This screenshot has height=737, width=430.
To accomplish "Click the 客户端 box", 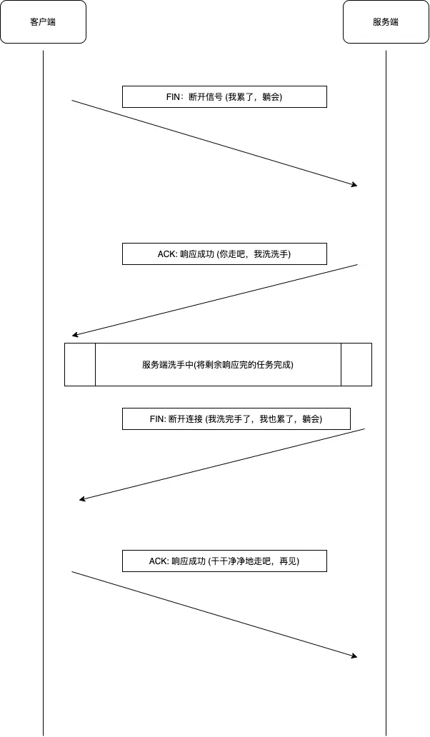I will [43, 22].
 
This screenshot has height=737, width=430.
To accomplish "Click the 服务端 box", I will [386, 22].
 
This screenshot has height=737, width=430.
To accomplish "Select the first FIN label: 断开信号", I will [224, 97].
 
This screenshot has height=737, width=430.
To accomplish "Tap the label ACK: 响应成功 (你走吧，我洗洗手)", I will [224, 254].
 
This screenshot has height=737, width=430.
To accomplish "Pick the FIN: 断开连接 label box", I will [236, 419].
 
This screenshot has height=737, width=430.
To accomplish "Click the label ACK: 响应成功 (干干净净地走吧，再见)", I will [224, 561].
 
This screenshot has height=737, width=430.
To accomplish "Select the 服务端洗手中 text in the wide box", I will [218, 365].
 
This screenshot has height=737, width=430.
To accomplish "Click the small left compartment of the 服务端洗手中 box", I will [80, 365].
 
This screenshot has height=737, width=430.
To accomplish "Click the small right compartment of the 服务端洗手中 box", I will [356, 365].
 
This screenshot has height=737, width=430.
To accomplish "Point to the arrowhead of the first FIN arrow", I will [354, 185].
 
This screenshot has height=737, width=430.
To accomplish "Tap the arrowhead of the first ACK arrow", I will [74, 335].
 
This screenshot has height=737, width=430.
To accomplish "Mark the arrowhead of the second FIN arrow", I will [82, 499].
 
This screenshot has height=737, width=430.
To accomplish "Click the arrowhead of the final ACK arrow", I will [354, 656].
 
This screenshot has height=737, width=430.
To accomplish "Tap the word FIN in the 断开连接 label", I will [157, 419].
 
